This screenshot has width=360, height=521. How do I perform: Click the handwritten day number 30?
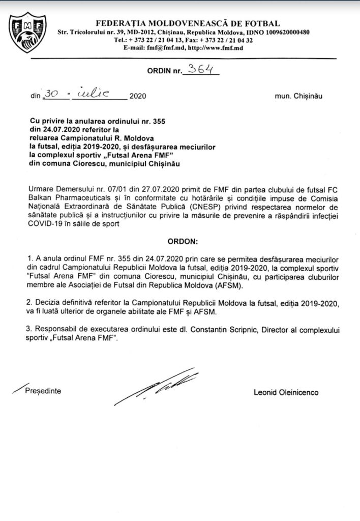54,94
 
